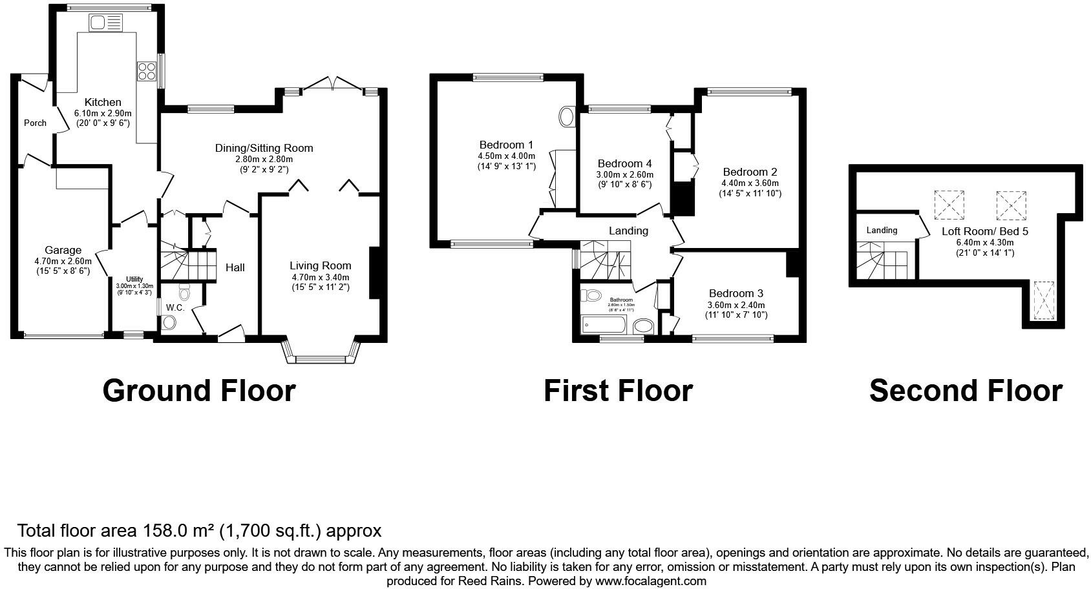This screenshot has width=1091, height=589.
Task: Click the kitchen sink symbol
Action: pos(106,23)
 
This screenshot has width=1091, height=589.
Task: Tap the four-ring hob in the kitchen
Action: pos(147,70)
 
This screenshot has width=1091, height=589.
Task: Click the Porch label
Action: pos(35,123)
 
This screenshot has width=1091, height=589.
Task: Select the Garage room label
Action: pos(63,250)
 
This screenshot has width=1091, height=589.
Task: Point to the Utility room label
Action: pos(134,279)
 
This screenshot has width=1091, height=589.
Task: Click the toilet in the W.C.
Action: pos(184,294)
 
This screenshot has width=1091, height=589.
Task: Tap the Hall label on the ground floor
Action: pos(235,267)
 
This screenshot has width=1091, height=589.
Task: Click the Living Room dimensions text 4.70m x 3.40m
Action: pos(320,277)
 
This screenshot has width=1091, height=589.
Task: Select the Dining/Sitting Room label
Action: pos(264,148)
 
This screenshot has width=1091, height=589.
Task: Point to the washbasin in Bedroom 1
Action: pos(567,117)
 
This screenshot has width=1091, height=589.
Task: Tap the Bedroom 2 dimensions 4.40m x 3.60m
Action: pos(750,183)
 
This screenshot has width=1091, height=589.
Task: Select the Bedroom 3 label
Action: pos(736,293)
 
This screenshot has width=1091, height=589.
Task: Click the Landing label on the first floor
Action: pos(628,231)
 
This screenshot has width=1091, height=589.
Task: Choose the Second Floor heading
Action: pos(965,391)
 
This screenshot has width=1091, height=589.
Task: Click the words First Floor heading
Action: pos(617,391)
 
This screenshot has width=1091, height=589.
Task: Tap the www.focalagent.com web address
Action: pos(650,581)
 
